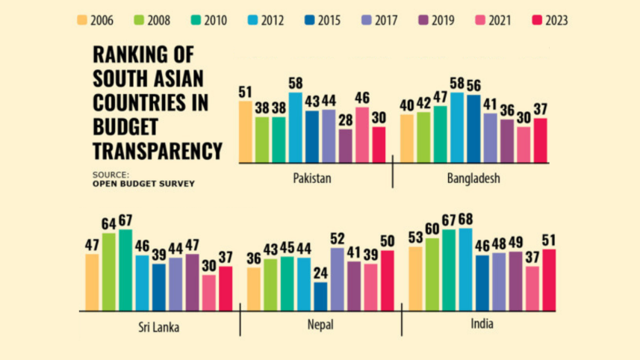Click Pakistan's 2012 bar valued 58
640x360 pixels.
296,127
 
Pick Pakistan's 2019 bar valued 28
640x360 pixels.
345,146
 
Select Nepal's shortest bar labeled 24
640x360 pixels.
320,296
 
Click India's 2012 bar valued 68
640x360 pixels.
465,269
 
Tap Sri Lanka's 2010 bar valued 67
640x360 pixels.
125,270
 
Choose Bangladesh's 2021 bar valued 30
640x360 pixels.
524,144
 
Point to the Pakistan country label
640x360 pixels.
311,179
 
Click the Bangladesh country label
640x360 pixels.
473,179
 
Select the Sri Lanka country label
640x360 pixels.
158,326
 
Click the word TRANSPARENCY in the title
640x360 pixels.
157,151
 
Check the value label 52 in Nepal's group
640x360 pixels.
337,239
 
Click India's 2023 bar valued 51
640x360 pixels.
549,279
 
